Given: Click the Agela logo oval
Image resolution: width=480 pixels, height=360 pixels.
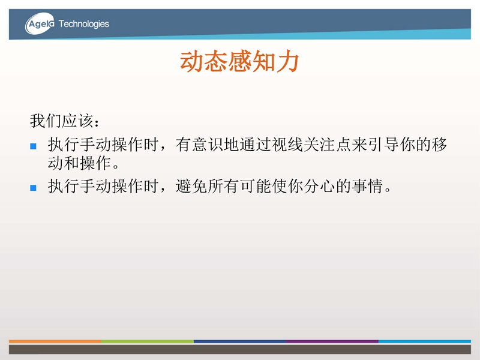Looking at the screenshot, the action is [40, 23].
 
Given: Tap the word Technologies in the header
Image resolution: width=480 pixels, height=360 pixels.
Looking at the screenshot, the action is [84, 24].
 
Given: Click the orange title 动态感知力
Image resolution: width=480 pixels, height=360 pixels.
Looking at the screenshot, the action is [239, 61].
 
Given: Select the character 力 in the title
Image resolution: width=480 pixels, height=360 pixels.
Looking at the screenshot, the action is [287, 61].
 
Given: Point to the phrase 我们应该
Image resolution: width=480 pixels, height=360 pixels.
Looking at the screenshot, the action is [62, 121].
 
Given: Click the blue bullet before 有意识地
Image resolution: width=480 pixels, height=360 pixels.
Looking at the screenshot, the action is [34, 146].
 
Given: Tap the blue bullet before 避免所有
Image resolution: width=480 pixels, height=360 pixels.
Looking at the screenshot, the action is [34, 188].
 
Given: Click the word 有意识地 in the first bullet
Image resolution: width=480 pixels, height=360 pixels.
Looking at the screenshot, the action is [207, 145].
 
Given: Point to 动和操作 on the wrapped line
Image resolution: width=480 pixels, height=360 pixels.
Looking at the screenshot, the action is [79, 163].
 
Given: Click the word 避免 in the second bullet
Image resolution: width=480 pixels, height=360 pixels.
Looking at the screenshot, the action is [191, 186].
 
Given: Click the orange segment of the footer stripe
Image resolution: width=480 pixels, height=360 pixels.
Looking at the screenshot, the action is [55, 341].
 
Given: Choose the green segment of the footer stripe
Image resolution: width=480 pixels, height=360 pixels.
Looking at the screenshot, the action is [148, 341].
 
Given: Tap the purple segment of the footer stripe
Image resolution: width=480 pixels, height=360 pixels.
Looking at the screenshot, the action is [332, 341].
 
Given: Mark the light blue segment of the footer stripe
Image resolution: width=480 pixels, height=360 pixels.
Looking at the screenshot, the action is [425, 341].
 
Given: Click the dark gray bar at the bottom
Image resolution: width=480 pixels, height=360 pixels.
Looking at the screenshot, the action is [240, 349].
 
